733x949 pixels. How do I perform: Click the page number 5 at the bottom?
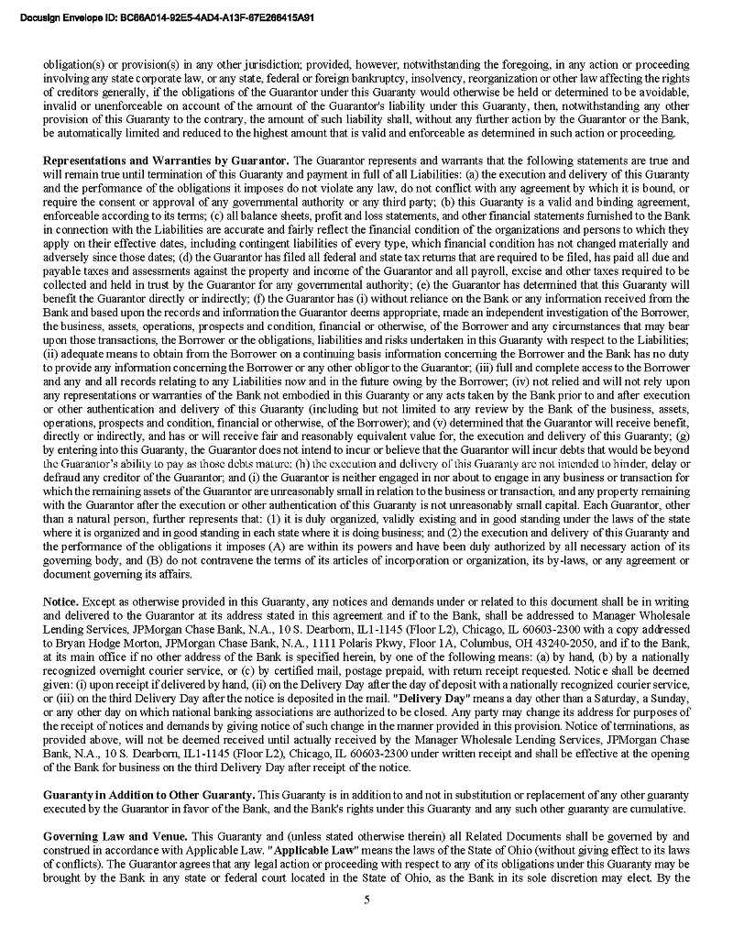366,899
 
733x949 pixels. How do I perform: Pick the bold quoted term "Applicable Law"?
304,851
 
